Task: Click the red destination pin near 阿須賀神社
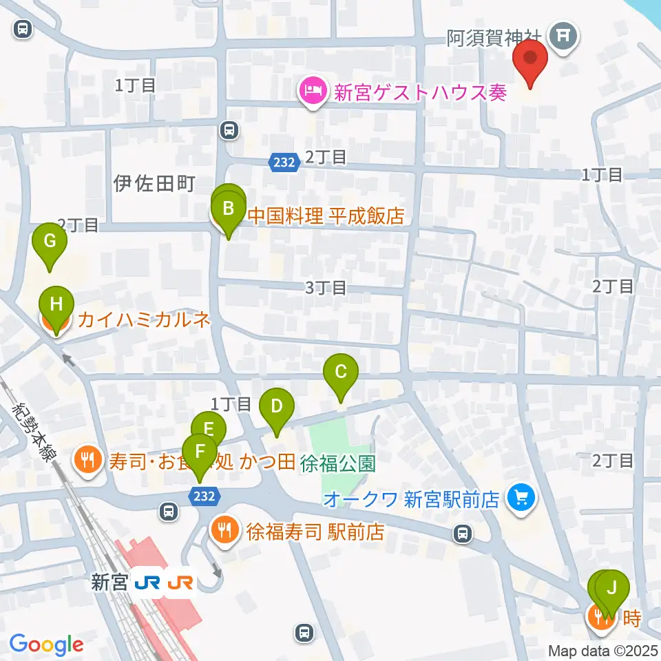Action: pyautogui.click(x=531, y=59)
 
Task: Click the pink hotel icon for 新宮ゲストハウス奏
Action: pyautogui.click(x=312, y=92)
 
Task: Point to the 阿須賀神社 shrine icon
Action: pyautogui.click(x=564, y=34)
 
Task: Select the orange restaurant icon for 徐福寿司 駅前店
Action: pyautogui.click(x=224, y=531)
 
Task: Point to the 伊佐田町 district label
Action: pyautogui.click(x=155, y=183)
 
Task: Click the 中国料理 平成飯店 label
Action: pyautogui.click(x=325, y=216)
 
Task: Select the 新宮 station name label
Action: pyautogui.click(x=109, y=583)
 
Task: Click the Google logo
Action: pyautogui.click(x=46, y=644)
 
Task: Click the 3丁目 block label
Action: pyautogui.click(x=326, y=287)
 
